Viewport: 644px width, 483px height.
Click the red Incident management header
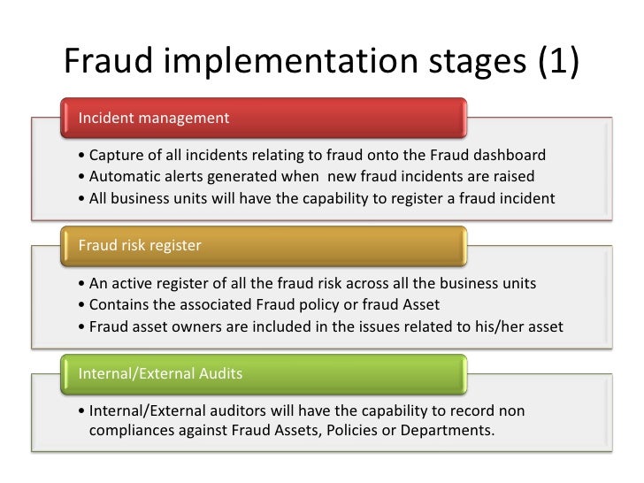pos(264,118)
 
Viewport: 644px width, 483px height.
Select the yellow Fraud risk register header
pos(264,245)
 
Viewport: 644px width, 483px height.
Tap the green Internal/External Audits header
pos(264,372)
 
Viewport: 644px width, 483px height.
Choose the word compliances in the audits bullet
pos(129,432)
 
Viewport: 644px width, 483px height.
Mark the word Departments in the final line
pos(448,432)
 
